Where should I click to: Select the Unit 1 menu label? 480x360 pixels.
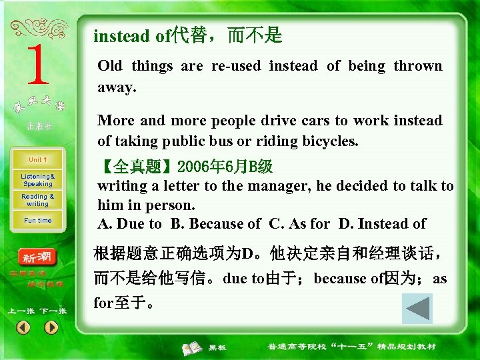(37, 160)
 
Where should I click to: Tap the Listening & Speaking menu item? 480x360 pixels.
(37, 180)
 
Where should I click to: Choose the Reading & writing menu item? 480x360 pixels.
(37, 200)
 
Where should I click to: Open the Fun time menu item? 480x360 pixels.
(37, 221)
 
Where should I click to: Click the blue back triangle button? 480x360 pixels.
(417, 309)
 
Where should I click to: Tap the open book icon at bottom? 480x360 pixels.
(193, 347)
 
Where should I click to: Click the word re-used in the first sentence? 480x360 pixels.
(237, 66)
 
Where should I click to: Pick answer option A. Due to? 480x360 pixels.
(129, 224)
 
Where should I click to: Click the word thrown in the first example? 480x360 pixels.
(417, 66)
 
